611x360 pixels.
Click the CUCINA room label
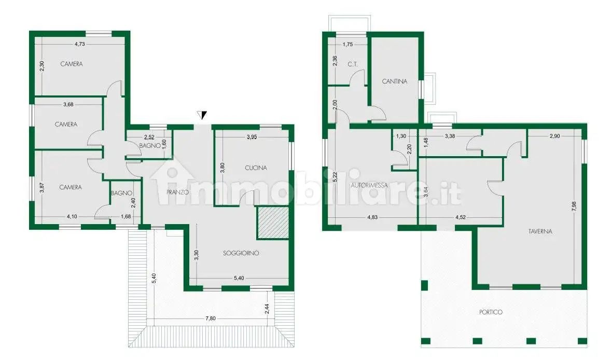(x=256, y=168)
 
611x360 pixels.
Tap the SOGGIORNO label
(x=241, y=253)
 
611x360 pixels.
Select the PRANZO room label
(x=178, y=192)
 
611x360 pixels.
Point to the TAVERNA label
(x=540, y=231)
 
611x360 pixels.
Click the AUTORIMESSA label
(x=369, y=186)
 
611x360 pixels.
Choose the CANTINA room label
(x=394, y=81)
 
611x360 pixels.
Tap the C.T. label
(x=353, y=64)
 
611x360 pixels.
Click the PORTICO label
(x=491, y=312)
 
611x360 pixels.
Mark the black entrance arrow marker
(x=202, y=115)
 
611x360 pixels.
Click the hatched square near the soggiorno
(x=273, y=223)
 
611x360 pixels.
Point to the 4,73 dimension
(x=79, y=44)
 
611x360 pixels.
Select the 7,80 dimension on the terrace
(x=211, y=319)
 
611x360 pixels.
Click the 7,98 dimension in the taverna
(x=574, y=206)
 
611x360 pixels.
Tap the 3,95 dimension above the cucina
(x=252, y=137)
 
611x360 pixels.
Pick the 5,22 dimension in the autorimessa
(x=335, y=177)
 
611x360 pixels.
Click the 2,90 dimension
(x=554, y=136)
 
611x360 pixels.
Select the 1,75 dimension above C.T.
(x=348, y=45)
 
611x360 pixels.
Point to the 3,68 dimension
(x=68, y=104)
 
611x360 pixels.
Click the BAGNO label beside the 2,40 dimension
(x=121, y=193)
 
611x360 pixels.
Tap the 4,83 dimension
(x=372, y=217)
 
